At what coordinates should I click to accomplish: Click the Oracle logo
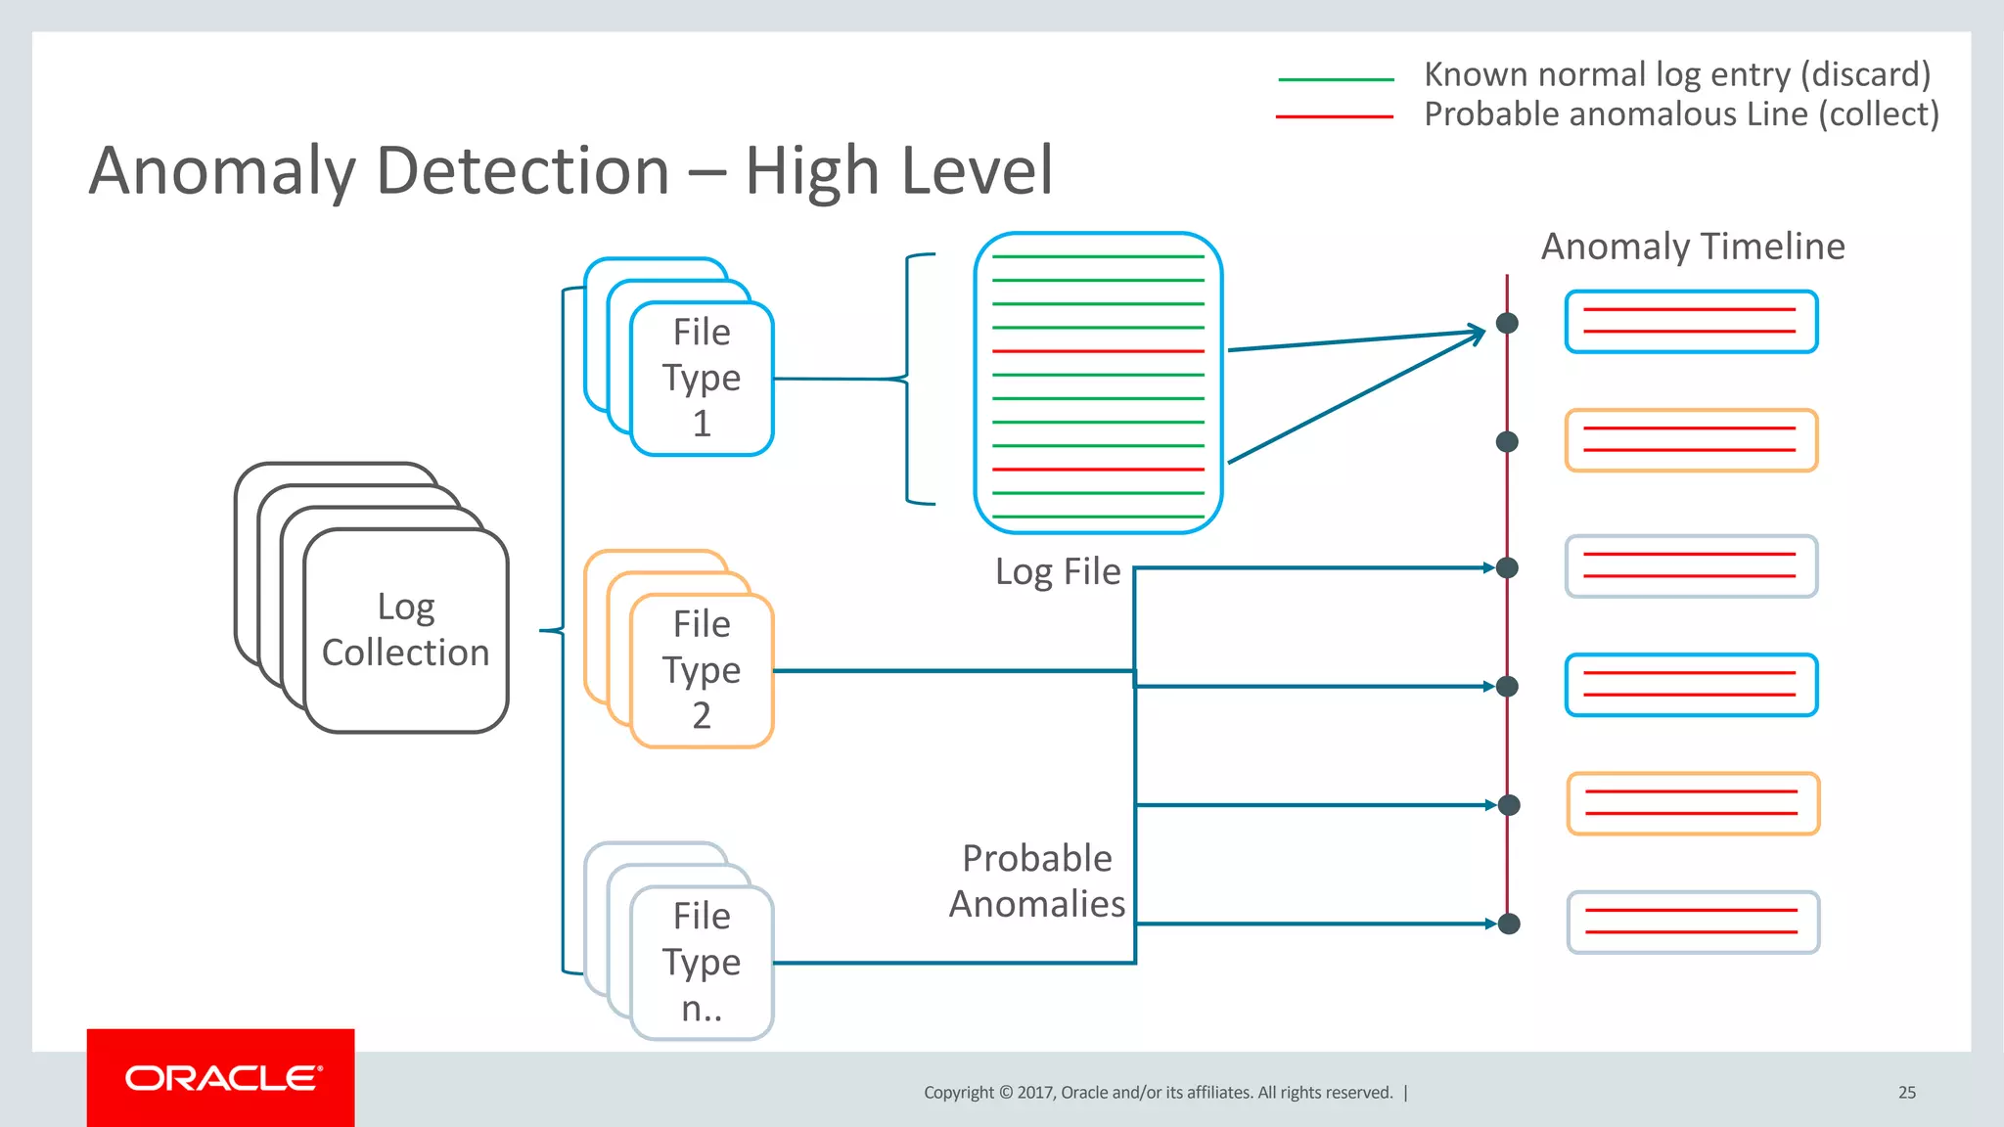221,1078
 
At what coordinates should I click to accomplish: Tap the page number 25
1906,1093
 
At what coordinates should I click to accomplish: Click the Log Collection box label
405,630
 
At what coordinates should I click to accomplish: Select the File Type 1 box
702,378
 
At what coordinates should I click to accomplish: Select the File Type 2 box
702,670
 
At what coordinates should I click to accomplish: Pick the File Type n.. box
702,962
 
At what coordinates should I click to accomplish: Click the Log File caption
1057,571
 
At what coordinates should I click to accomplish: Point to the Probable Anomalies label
1037,880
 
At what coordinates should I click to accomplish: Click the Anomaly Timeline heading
1692,247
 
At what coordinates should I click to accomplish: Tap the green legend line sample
1336,79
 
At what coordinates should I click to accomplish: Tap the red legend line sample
1334,116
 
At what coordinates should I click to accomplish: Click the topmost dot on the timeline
1507,323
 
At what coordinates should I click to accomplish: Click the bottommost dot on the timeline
1509,924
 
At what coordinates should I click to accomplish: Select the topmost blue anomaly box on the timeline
1691,322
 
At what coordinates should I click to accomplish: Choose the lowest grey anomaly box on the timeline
1693,923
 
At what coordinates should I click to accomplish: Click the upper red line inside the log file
1098,351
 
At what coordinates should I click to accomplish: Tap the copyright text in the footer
1158,1093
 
